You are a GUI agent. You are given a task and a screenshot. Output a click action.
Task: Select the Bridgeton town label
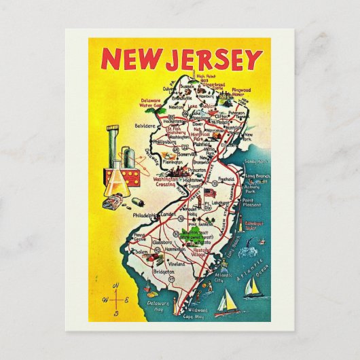click(x=155, y=270)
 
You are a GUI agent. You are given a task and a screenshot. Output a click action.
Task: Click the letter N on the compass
click(x=118, y=284)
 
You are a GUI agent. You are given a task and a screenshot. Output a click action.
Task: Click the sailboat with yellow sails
click(x=251, y=288)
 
